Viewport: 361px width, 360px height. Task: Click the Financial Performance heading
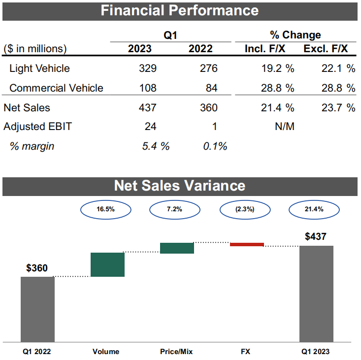[180, 10]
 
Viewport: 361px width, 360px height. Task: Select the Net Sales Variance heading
[180, 185]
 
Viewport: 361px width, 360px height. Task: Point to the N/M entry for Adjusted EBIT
[285, 127]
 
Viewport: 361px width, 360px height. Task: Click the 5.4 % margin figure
[155, 146]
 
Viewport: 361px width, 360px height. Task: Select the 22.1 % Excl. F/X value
[336, 68]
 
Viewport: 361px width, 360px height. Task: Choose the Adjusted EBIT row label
[37, 127]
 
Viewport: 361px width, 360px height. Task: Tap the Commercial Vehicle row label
[56, 88]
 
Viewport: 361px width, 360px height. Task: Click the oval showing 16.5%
[105, 209]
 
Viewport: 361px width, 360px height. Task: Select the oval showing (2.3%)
[244, 209]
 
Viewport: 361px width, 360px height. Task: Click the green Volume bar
[107, 264]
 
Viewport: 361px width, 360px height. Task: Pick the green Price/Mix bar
[177, 248]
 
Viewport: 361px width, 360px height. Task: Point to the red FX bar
[247, 244]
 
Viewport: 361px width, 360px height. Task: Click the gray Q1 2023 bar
[316, 293]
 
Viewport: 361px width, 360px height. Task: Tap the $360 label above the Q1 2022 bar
[37, 268]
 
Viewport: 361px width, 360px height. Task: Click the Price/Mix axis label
[176, 352]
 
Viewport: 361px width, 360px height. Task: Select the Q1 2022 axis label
[37, 352]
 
